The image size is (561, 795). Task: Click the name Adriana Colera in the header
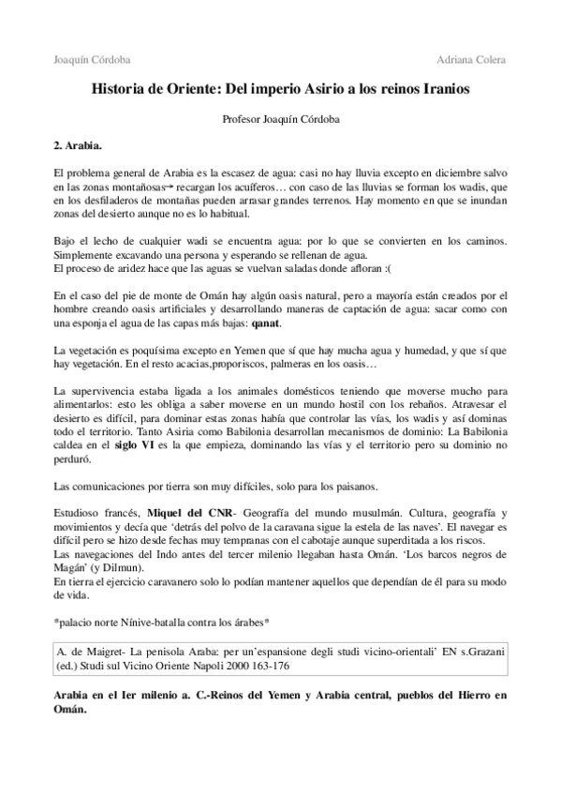pyautogui.click(x=471, y=60)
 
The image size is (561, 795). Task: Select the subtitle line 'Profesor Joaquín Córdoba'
pyautogui.click(x=280, y=121)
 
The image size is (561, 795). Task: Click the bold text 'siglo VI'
pyautogui.click(x=136, y=447)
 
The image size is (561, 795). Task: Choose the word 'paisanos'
pyautogui.click(x=349, y=487)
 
